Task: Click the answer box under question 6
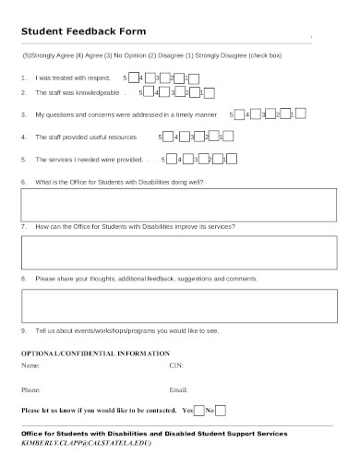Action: coord(165,204)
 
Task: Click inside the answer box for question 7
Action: coord(165,252)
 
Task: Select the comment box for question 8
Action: coord(165,304)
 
